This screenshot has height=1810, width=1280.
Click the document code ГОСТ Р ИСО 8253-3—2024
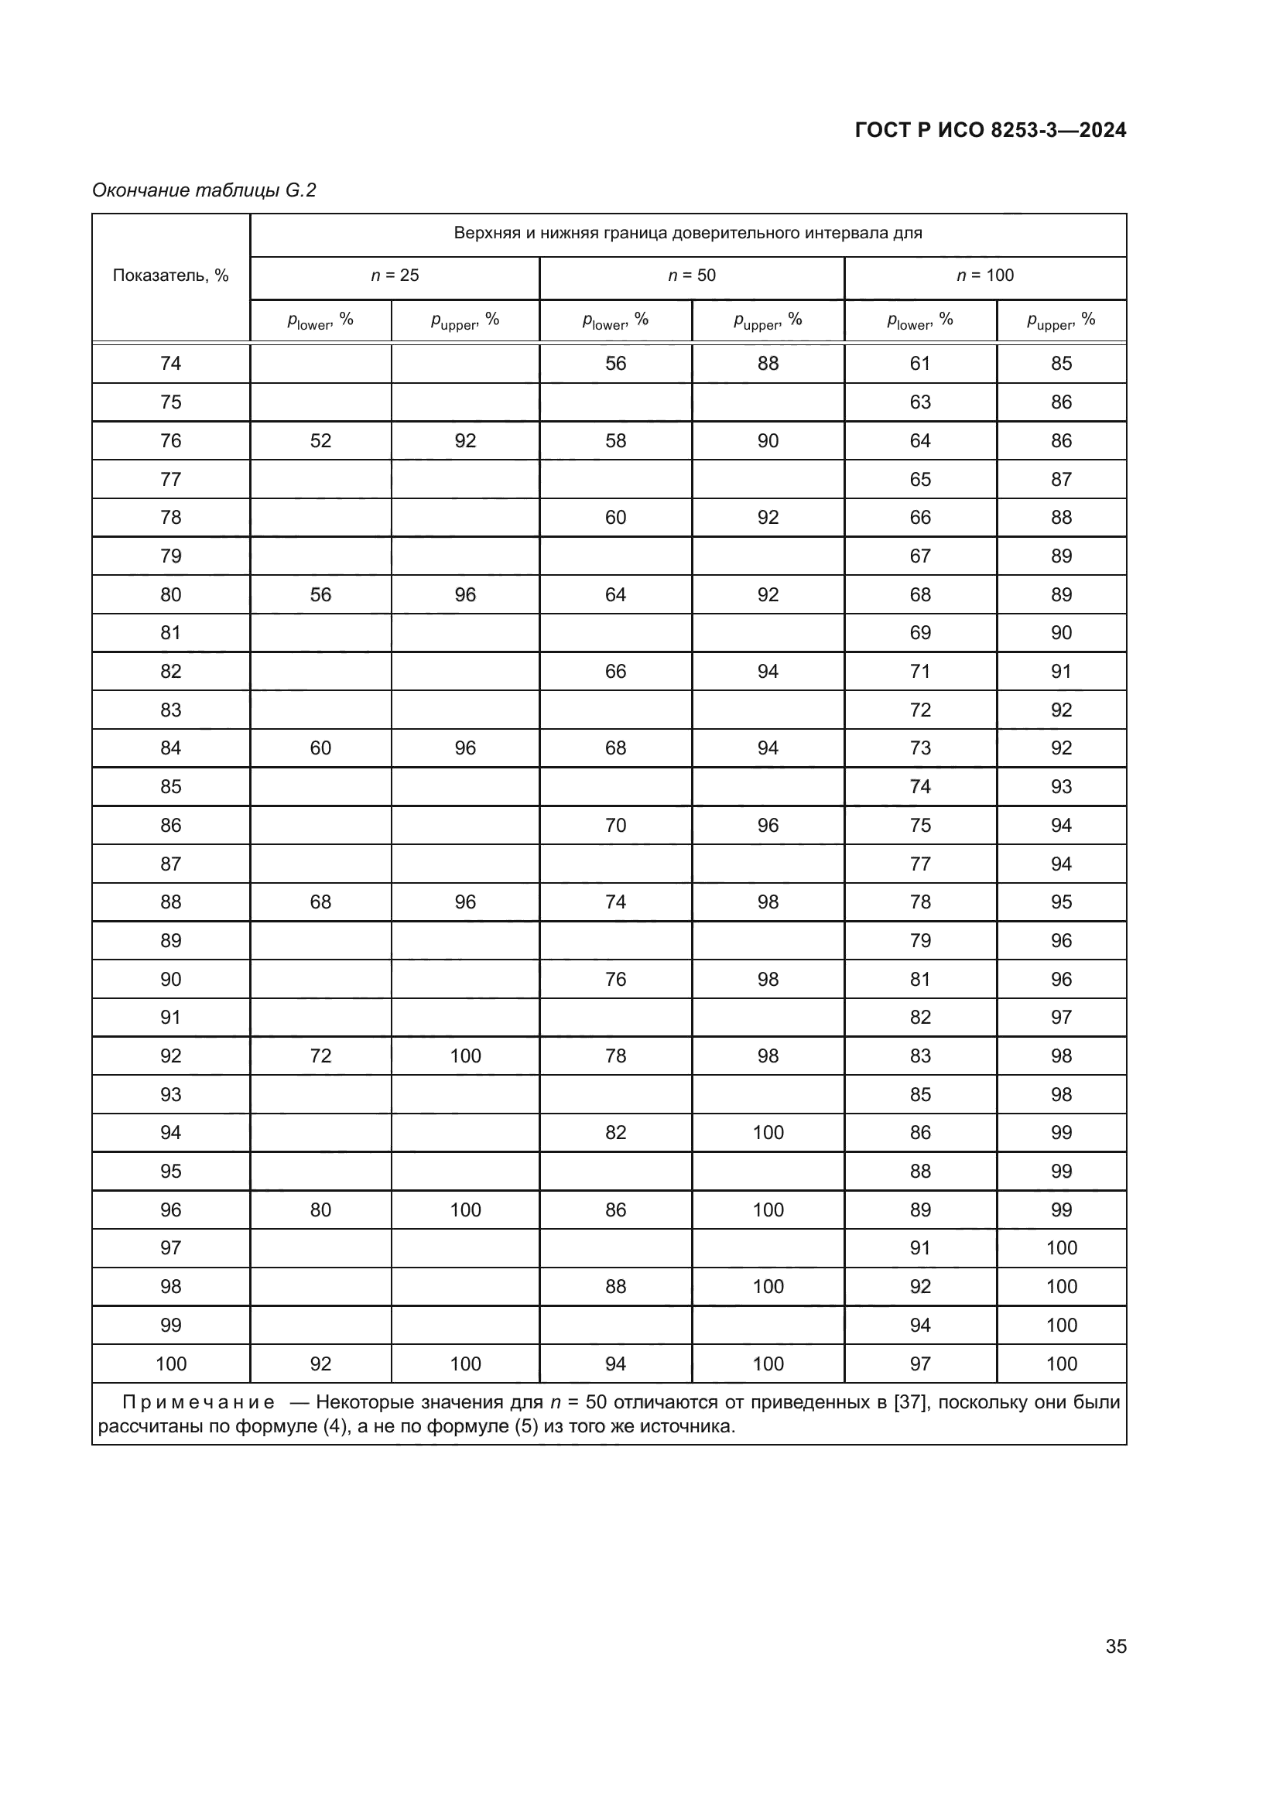tap(990, 130)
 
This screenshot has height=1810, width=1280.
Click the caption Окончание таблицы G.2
tap(204, 190)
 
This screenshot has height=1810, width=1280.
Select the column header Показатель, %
tap(171, 276)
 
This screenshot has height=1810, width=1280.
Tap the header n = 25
tap(395, 276)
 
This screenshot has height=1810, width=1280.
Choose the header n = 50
tap(691, 276)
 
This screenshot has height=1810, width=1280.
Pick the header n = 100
tap(984, 276)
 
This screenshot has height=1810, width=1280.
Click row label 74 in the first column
tap(171, 364)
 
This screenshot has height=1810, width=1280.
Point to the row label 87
tap(171, 864)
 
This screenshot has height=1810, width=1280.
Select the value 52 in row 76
tap(321, 440)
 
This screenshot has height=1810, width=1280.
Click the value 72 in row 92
tap(321, 1056)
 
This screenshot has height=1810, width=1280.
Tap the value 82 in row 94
tap(615, 1133)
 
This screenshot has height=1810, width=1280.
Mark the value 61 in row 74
tap(920, 364)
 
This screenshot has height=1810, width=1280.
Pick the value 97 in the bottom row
tap(920, 1363)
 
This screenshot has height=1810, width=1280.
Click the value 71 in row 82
tap(920, 672)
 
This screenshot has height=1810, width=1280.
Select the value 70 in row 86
tap(615, 826)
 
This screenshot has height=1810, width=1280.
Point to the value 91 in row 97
tap(920, 1248)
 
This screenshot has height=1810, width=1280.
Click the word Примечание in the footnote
tap(199, 1403)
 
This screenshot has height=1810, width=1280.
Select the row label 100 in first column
tap(171, 1363)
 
